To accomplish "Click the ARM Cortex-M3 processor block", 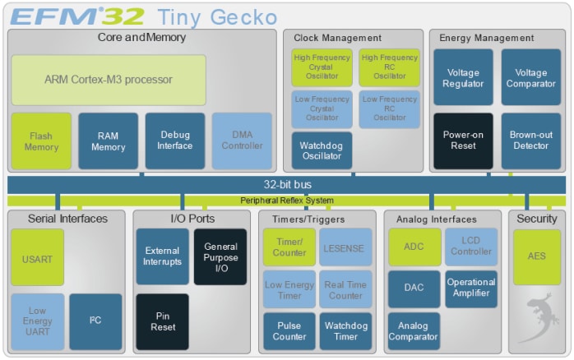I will [x=108, y=80].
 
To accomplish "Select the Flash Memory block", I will [x=41, y=141].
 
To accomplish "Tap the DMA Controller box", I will [x=241, y=141].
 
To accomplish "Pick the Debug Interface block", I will [x=174, y=141].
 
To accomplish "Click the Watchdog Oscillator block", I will [x=322, y=150].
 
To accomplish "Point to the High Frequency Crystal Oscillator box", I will [x=322, y=67].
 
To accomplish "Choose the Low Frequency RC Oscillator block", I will [x=388, y=109].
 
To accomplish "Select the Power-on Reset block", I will [x=463, y=141].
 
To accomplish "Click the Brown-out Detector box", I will [x=530, y=141].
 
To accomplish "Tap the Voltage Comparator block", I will [x=530, y=77].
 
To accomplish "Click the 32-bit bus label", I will [x=287, y=185].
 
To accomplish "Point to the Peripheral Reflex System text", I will [x=287, y=201].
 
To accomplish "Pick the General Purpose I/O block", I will [x=220, y=257].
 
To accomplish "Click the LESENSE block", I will [x=345, y=247].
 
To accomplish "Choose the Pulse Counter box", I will [x=289, y=331].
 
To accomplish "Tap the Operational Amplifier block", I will [x=470, y=288].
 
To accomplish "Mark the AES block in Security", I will [x=536, y=256].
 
